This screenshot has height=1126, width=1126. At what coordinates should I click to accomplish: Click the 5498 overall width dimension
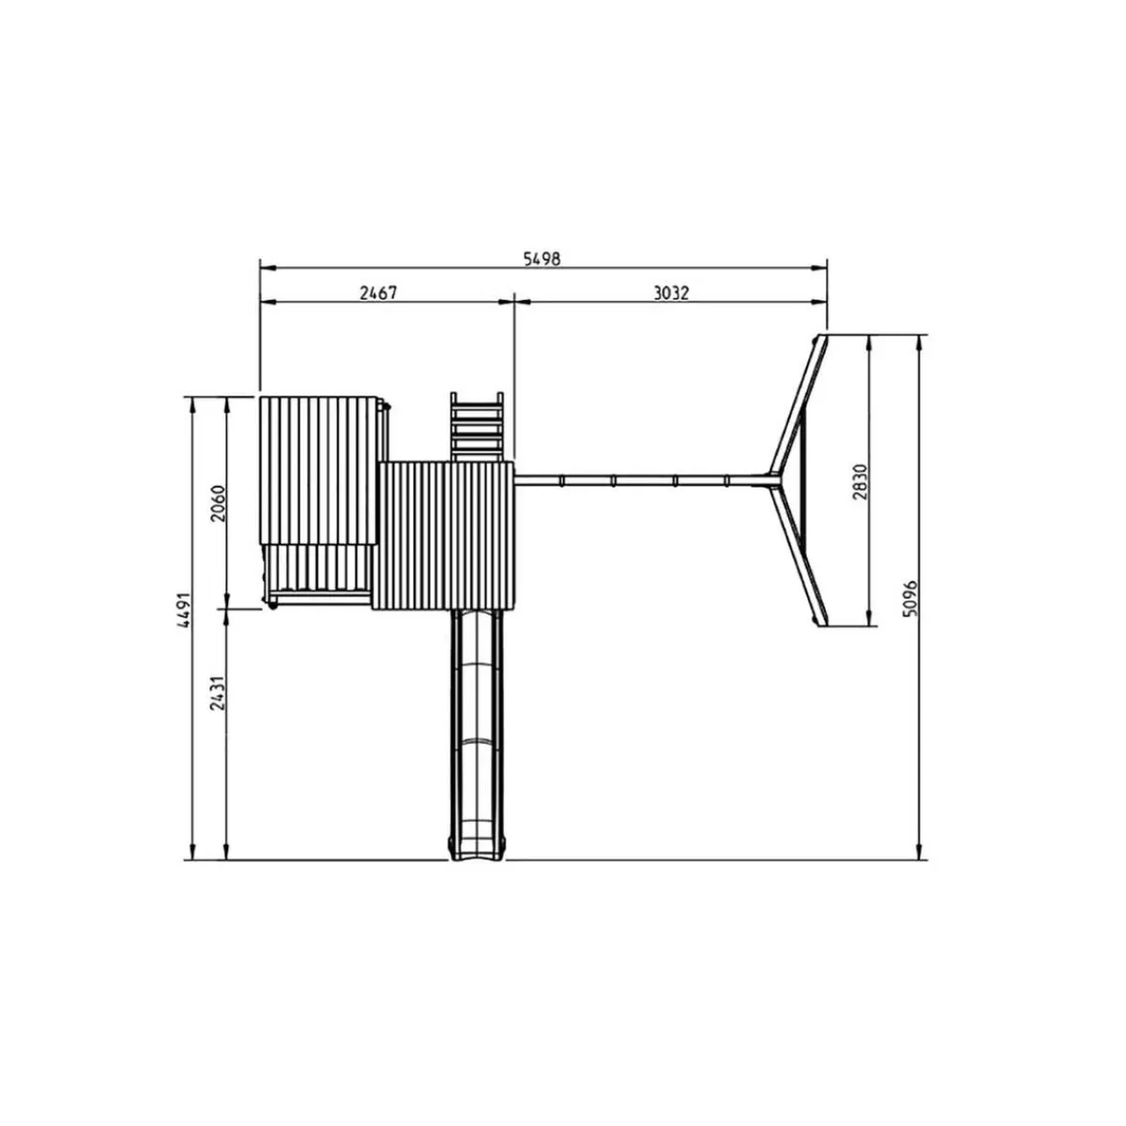tap(541, 259)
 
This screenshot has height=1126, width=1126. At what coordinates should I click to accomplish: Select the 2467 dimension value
tap(378, 293)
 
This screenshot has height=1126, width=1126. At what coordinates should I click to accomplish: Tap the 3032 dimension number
tap(671, 293)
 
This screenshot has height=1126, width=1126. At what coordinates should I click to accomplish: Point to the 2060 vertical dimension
tap(218, 503)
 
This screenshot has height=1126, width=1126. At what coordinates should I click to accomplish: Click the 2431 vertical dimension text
tap(218, 693)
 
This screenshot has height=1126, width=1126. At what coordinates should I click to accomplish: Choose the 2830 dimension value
tap(860, 482)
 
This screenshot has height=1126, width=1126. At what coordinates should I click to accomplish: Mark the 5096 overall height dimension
tap(910, 599)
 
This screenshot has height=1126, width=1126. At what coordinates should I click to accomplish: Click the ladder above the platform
tap(477, 427)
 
